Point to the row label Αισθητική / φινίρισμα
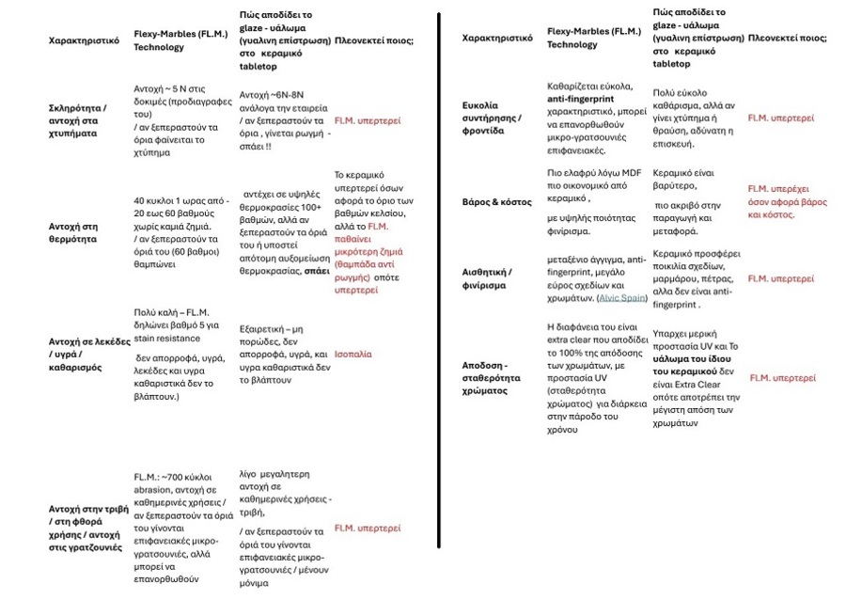(x=487, y=278)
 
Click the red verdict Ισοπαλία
(x=352, y=355)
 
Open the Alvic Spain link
(x=623, y=298)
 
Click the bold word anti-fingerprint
(x=583, y=99)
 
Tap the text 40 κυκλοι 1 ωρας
(x=179, y=201)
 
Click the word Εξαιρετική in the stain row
(x=264, y=329)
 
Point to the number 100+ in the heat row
(x=311, y=207)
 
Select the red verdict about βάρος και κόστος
(x=787, y=202)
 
